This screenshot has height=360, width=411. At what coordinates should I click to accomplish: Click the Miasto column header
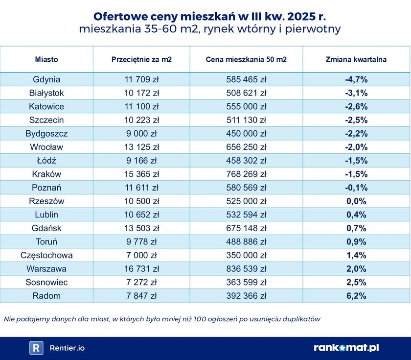pyautogui.click(x=46, y=60)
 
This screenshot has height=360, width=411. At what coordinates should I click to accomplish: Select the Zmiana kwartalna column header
pyautogui.click(x=356, y=60)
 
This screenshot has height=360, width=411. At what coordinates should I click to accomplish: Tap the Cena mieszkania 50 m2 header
pyautogui.click(x=246, y=60)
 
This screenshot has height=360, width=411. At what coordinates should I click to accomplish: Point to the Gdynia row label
pyautogui.click(x=46, y=79)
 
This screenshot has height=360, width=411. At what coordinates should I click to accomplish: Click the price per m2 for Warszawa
pyautogui.click(x=141, y=268)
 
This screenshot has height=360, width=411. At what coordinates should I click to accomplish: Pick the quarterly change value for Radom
pyautogui.click(x=356, y=295)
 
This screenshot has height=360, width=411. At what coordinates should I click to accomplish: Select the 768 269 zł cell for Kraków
pyautogui.click(x=246, y=174)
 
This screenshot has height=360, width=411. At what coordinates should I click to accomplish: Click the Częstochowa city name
pyautogui.click(x=46, y=255)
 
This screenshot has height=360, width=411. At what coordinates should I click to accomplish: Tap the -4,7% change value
pyautogui.click(x=356, y=79)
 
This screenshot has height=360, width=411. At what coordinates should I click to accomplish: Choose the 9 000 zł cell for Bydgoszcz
pyautogui.click(x=141, y=133)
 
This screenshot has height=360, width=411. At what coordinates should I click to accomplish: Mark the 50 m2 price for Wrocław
pyautogui.click(x=246, y=147)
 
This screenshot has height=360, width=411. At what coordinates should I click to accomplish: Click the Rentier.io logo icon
pyautogui.click(x=36, y=348)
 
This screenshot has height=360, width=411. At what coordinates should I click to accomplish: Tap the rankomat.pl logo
pyautogui.click(x=346, y=348)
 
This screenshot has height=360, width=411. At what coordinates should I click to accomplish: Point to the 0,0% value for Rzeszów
pyautogui.click(x=356, y=201)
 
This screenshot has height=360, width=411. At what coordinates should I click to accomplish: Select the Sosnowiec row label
pyautogui.click(x=46, y=282)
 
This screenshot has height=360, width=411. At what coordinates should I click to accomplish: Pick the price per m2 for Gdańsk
pyautogui.click(x=141, y=228)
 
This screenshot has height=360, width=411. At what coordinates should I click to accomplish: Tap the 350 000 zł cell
pyautogui.click(x=246, y=255)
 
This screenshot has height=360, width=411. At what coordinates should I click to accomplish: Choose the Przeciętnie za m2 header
pyautogui.click(x=141, y=60)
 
